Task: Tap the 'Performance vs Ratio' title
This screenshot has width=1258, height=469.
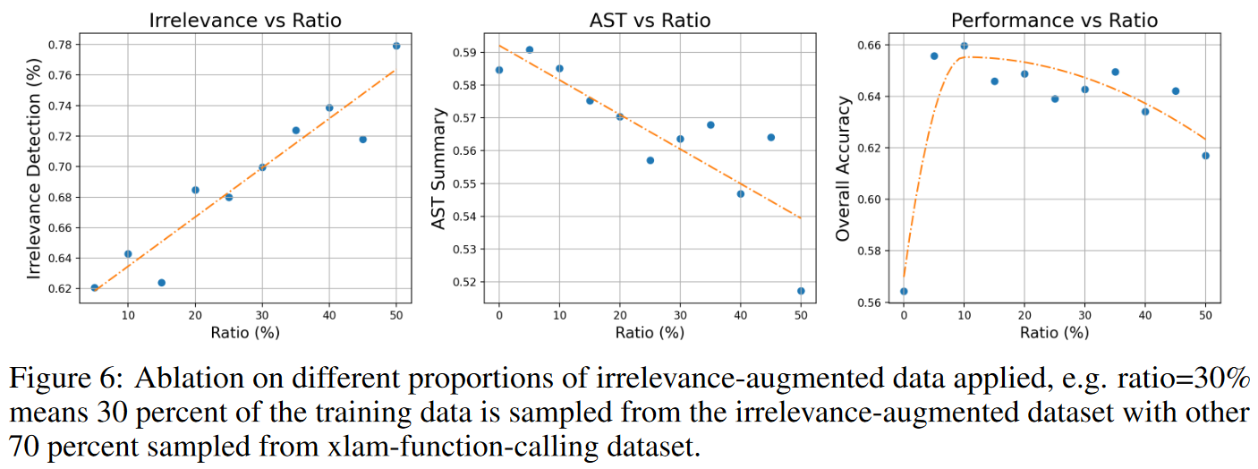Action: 1054,20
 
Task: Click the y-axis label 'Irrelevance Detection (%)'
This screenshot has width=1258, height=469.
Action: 33,166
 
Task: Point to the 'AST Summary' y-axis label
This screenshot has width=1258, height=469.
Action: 438,166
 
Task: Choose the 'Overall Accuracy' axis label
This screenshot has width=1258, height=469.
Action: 842,166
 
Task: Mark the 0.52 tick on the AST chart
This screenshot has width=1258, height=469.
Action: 466,282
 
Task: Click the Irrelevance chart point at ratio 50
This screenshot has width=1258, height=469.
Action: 396,46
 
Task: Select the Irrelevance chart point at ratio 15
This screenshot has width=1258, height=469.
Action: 161,283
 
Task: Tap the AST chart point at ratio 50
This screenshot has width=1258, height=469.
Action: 801,291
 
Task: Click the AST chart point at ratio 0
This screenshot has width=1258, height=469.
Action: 499,70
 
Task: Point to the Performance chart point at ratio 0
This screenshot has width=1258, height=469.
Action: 904,291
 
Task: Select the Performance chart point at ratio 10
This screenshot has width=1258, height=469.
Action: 965,46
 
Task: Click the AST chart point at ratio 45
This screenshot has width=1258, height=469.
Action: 770,137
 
